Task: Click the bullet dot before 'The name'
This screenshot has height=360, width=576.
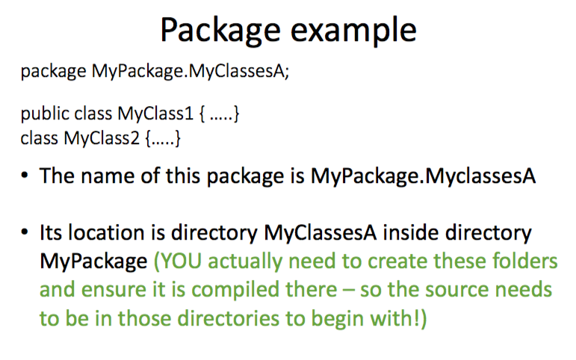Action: click(x=25, y=177)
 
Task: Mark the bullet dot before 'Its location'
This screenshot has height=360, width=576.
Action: click(x=25, y=233)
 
